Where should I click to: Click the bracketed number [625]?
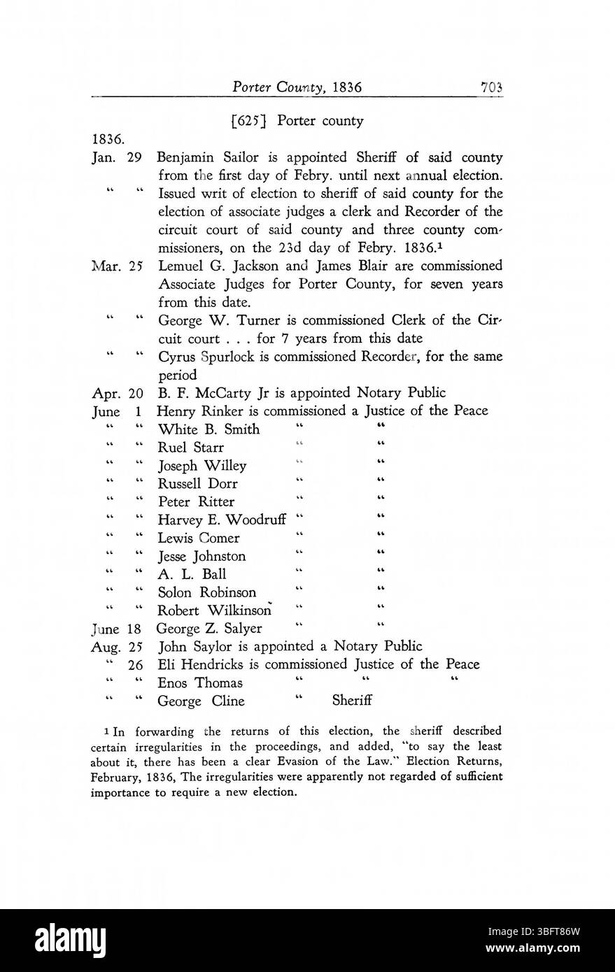251,121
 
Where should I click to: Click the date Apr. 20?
117,393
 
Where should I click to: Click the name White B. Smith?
208,429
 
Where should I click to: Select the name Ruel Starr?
190,448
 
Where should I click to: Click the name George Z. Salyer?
209,628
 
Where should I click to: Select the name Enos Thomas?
200,683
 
